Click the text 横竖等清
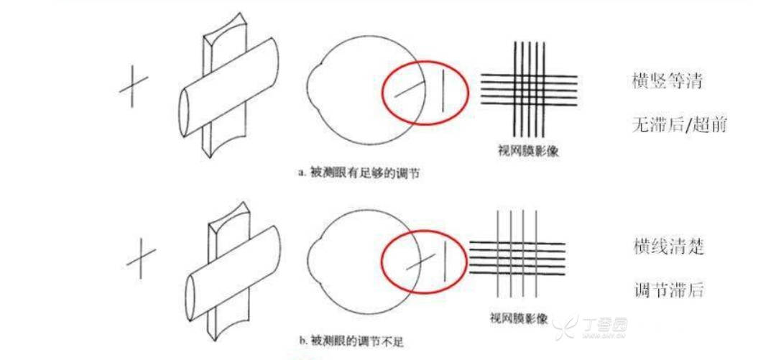(x=668, y=82)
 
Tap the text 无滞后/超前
(x=679, y=126)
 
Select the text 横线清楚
(x=669, y=246)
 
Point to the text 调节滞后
(x=669, y=290)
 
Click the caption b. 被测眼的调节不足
(x=354, y=341)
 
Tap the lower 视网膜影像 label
(x=519, y=318)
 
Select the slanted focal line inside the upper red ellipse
(x=410, y=89)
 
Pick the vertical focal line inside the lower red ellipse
(x=444, y=262)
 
